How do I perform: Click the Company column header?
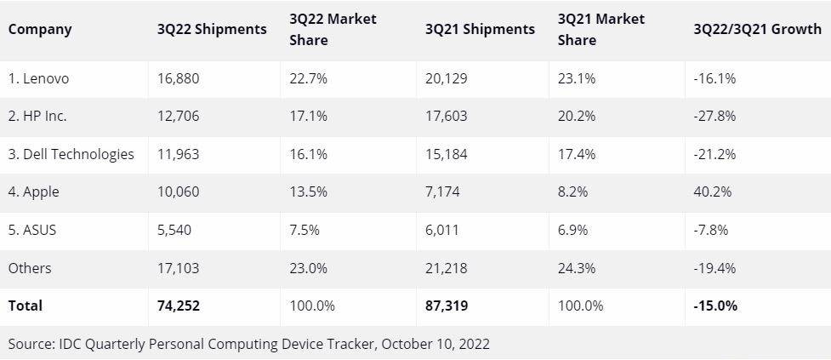tap(40, 29)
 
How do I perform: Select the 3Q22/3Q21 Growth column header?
tap(758, 29)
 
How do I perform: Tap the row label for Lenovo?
tap(39, 78)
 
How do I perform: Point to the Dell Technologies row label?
tap(71, 154)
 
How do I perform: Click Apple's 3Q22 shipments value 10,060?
tap(179, 192)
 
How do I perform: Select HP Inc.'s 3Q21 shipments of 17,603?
tap(447, 117)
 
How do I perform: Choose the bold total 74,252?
tap(179, 306)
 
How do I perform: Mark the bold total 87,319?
tap(447, 306)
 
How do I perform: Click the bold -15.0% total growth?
tap(716, 306)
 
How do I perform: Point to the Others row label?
tap(30, 268)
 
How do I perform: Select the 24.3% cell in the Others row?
tap(577, 268)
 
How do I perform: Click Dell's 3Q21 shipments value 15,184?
tap(447, 154)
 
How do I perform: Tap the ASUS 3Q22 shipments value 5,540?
tap(175, 231)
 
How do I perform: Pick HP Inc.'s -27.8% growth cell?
tap(715, 117)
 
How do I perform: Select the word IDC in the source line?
tap(67, 345)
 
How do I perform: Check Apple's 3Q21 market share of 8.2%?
tap(572, 192)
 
